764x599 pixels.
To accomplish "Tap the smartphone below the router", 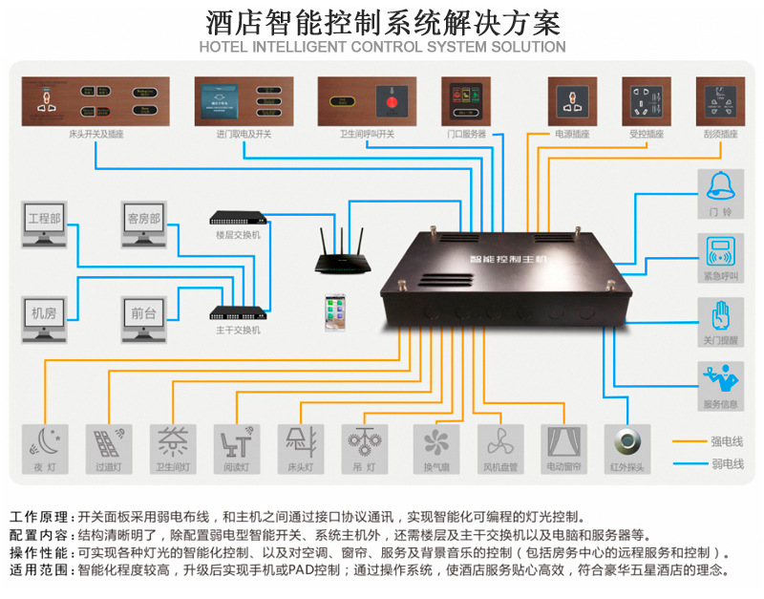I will click(x=334, y=312).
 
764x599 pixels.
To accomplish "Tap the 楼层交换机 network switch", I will click(x=238, y=218).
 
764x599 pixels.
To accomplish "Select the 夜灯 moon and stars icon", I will click(x=45, y=441).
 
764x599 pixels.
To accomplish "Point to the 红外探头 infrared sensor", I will click(x=628, y=441).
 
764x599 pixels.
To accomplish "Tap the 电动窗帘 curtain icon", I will click(x=563, y=441).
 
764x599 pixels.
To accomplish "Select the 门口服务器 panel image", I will click(x=466, y=100).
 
